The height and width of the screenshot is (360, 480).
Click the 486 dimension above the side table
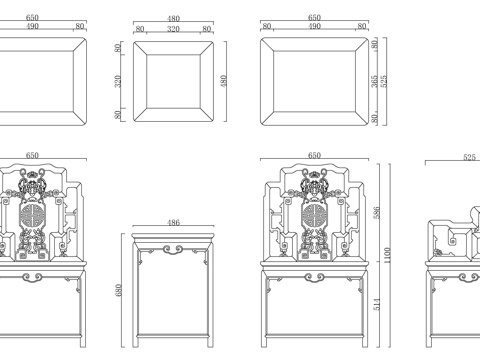tap(173, 222)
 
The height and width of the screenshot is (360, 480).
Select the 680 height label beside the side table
tap(118, 290)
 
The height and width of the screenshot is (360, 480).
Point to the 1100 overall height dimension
tap(387, 255)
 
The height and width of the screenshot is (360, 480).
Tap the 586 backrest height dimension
tap(377, 213)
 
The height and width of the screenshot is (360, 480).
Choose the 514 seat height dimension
tap(377, 304)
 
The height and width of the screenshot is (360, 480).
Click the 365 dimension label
tap(375, 81)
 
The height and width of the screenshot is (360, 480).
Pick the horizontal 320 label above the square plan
tap(173, 29)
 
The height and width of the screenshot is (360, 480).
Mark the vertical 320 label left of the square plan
tap(118, 81)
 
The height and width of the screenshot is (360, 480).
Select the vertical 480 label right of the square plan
tap(224, 81)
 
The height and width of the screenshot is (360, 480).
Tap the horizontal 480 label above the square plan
tap(173, 19)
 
